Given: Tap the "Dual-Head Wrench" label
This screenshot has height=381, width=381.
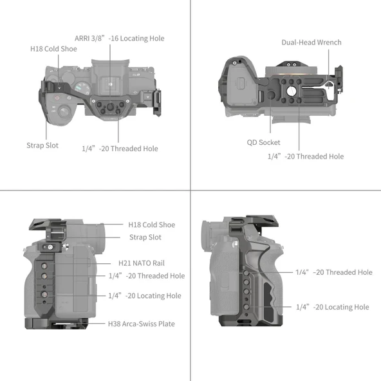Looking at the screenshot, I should pos(311,42).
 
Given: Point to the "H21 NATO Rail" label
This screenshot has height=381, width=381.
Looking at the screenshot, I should pos(142,263).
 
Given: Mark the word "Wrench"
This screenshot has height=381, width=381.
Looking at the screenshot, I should pos(328,42).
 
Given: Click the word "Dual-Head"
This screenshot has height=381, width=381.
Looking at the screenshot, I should pos(297,42).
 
